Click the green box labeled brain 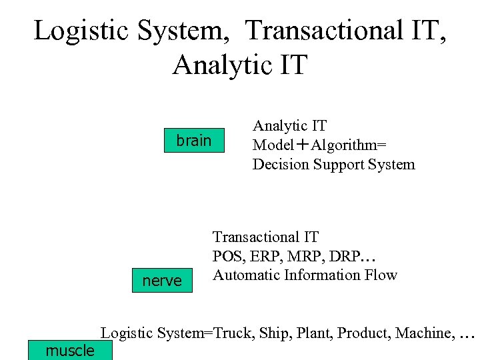click(193, 141)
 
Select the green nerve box click(162, 281)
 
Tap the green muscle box click(70, 350)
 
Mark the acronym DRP click(345, 256)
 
